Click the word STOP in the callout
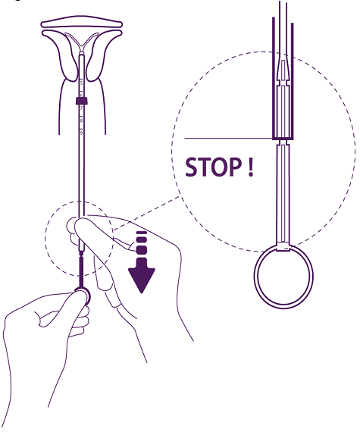coord(213,167)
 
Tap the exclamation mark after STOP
coord(250,167)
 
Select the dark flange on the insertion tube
coord(82,101)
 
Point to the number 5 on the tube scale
coord(81,83)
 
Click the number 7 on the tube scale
coord(81,108)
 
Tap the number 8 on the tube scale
coord(81,120)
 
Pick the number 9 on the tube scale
coord(81,133)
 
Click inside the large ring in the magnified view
coord(283,276)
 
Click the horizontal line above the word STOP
coord(229,138)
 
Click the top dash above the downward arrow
coord(141,233)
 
